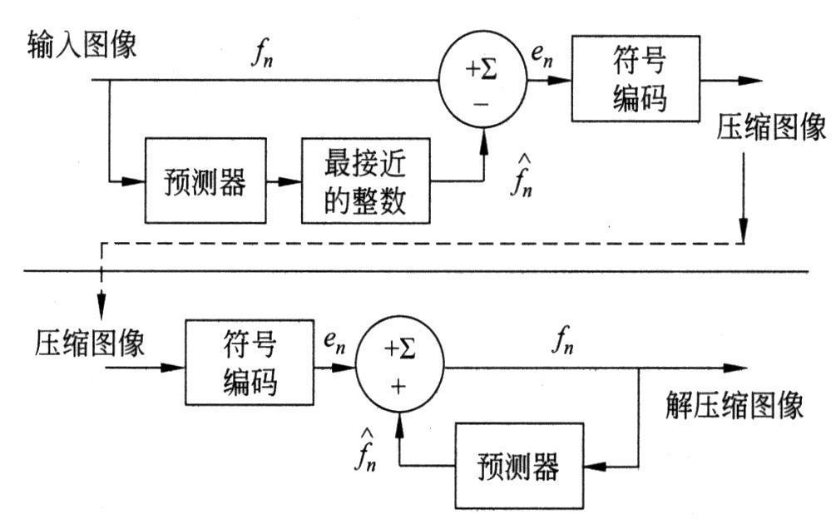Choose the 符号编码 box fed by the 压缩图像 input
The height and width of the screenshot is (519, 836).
[250, 363]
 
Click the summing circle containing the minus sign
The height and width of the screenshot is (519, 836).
[482, 82]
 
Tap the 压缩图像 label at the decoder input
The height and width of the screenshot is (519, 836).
[91, 342]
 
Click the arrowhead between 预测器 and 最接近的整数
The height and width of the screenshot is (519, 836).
[291, 181]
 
